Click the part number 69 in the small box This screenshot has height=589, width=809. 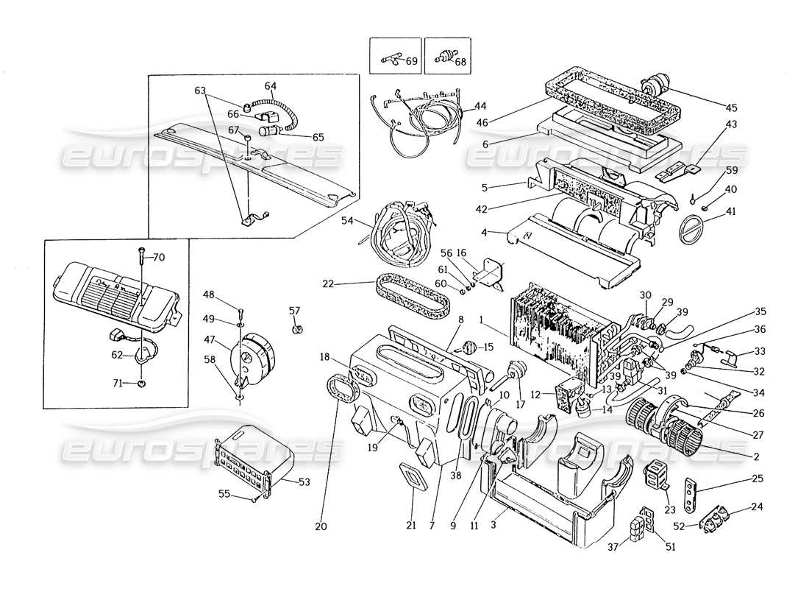[x=411, y=61]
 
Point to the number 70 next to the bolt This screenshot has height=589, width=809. [x=159, y=258]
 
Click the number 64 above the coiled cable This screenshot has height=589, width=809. [x=270, y=86]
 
